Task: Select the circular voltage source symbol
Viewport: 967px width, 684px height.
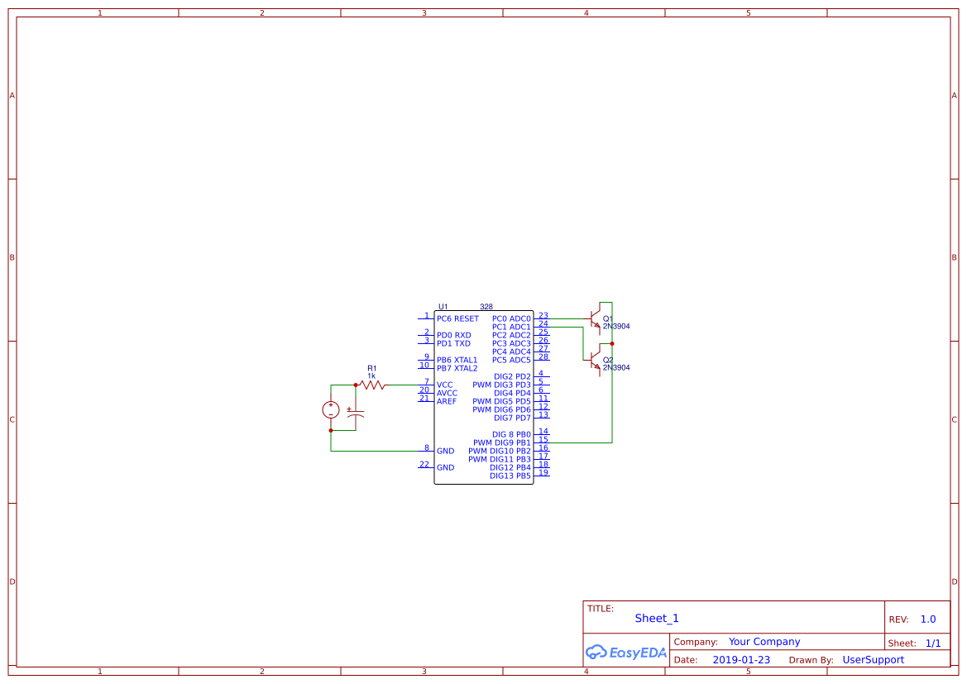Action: pyautogui.click(x=331, y=409)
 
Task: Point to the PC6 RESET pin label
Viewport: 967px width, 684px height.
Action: pyautogui.click(x=457, y=318)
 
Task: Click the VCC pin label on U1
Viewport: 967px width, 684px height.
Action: pyautogui.click(x=445, y=385)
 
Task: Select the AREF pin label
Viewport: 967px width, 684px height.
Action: pyautogui.click(x=447, y=401)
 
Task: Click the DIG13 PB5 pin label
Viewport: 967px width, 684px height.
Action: pyautogui.click(x=510, y=476)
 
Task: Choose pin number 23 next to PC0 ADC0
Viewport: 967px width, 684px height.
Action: pyautogui.click(x=543, y=315)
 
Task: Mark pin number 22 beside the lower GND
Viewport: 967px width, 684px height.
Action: pyautogui.click(x=424, y=464)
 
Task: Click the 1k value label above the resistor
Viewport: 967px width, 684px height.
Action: pyautogui.click(x=371, y=375)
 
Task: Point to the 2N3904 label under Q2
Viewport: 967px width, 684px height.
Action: pyautogui.click(x=616, y=367)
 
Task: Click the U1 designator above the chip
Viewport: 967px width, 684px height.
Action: pyautogui.click(x=443, y=307)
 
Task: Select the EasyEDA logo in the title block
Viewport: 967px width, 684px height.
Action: pyautogui.click(x=625, y=652)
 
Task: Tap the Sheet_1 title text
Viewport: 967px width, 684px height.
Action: pyautogui.click(x=657, y=618)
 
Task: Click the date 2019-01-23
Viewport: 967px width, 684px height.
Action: pyautogui.click(x=741, y=660)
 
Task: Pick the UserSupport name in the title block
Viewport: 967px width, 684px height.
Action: pyautogui.click(x=873, y=660)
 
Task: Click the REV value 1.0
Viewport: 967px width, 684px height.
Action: pyautogui.click(x=928, y=619)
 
